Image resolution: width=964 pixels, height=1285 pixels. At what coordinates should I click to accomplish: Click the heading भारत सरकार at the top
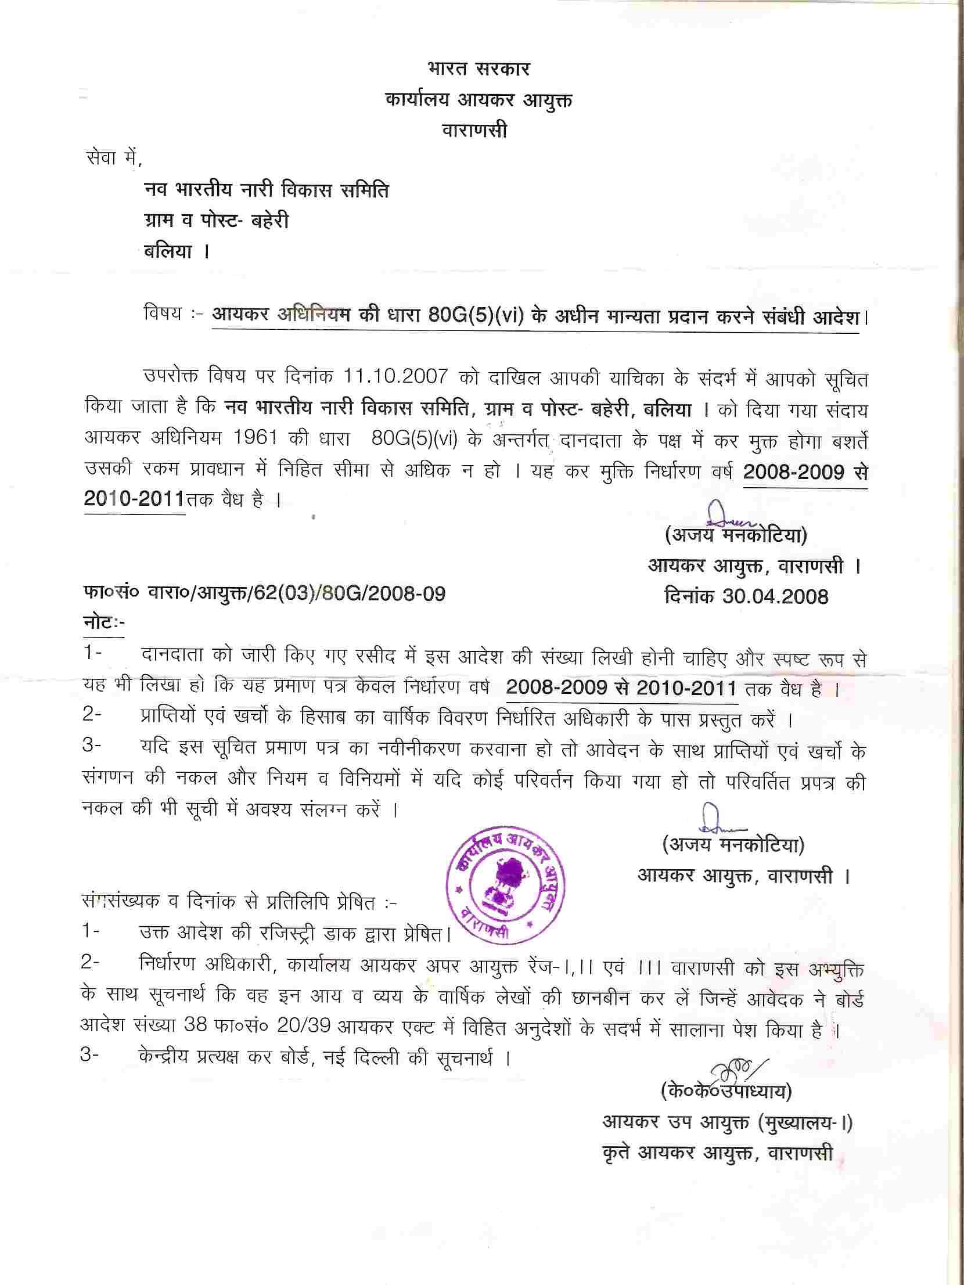coord(478,69)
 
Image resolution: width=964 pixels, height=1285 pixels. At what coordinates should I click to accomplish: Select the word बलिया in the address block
coord(168,252)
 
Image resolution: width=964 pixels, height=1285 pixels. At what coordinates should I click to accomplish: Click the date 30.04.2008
coord(775,596)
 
